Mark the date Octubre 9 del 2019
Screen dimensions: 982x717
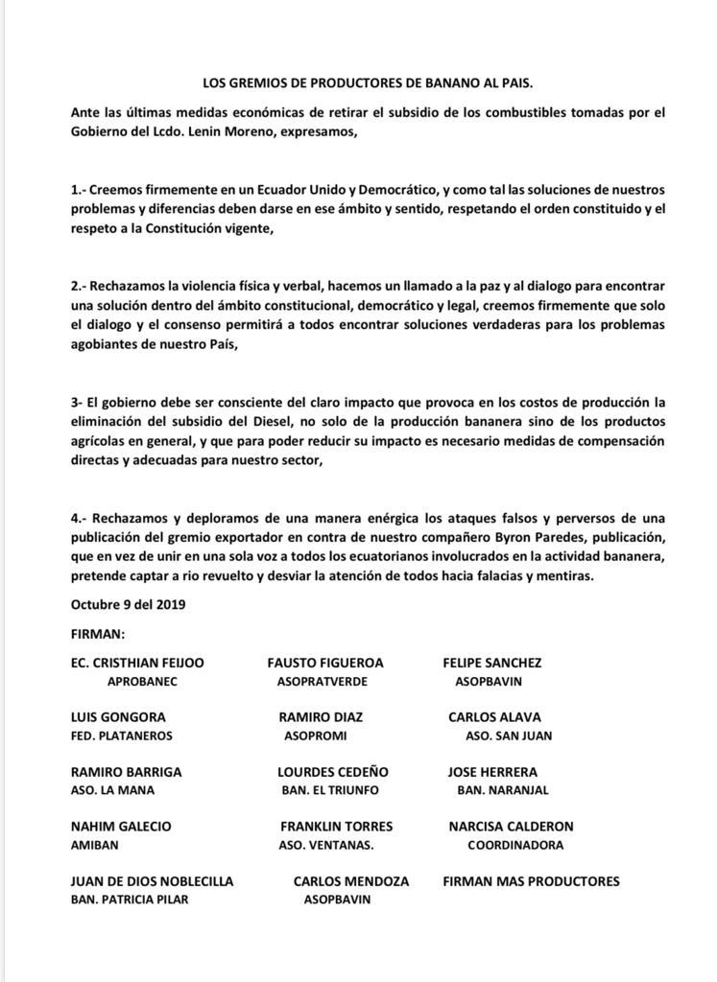pos(128,605)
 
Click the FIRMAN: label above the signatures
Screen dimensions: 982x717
pos(98,635)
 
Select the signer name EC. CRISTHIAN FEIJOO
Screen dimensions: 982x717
pos(137,663)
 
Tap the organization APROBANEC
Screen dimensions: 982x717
pos(143,682)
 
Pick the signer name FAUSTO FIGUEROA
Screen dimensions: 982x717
pos(324,663)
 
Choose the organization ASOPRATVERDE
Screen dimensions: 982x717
pos(323,682)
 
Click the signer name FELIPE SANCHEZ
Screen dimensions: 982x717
pos(491,663)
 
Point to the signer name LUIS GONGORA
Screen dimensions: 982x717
pos(118,717)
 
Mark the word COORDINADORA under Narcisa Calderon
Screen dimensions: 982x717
pos(514,846)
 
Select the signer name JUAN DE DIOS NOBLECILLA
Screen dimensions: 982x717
pos(152,881)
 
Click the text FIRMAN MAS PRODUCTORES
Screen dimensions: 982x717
pos(531,881)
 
